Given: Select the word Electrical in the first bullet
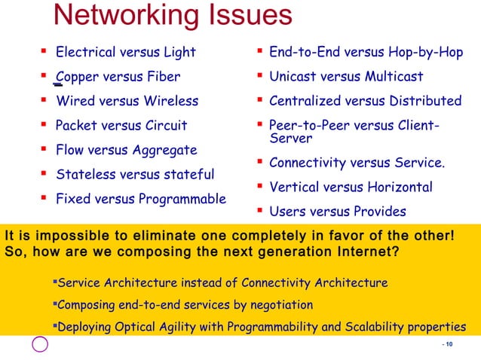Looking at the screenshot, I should [86, 52].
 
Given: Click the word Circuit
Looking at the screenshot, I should [164, 125].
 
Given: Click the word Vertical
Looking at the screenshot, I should [296, 187].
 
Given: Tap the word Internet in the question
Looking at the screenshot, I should [357, 251].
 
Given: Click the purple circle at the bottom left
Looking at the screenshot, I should [40, 344].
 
